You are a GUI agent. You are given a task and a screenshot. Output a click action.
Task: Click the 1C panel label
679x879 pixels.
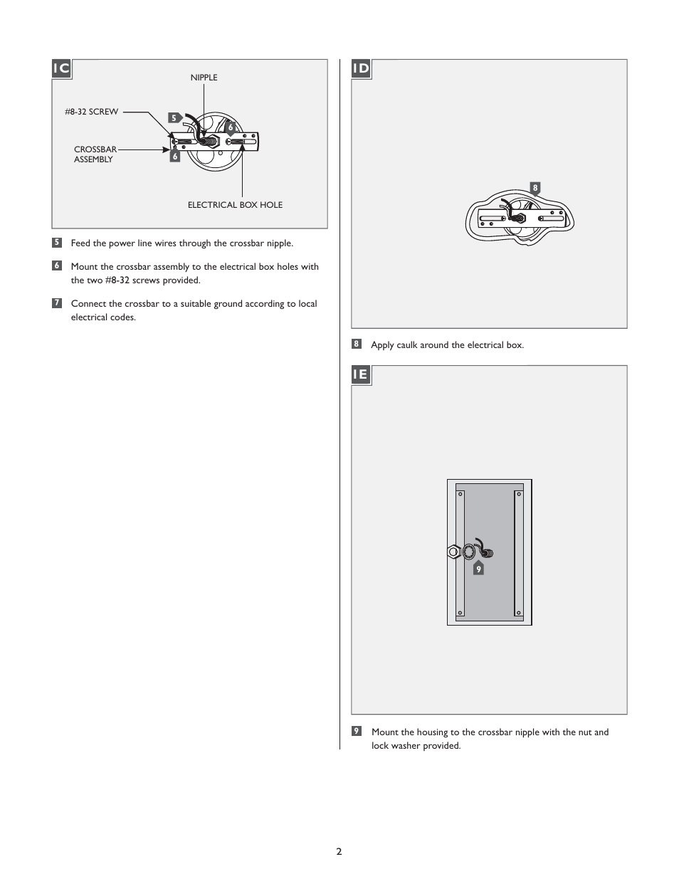(x=62, y=68)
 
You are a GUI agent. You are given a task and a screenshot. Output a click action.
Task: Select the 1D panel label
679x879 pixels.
(x=362, y=68)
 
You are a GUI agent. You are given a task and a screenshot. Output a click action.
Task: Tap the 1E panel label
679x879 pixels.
(x=361, y=374)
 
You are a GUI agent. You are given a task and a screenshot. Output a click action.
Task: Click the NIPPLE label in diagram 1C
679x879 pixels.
(x=204, y=78)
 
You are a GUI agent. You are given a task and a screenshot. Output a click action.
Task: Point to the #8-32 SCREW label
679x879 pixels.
(x=92, y=112)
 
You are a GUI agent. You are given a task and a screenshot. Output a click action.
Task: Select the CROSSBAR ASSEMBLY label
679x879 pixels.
(x=95, y=154)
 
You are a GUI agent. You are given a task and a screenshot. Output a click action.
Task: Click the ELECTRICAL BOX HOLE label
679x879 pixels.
(x=235, y=205)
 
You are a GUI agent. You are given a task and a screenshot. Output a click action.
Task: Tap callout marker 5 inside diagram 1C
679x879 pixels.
(x=173, y=117)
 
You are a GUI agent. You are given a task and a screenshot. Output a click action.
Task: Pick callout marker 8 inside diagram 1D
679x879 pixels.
(x=535, y=188)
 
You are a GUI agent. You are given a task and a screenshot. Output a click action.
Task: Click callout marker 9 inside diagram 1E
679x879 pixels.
(x=478, y=569)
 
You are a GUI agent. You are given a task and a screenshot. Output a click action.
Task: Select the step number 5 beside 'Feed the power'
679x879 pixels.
(x=57, y=243)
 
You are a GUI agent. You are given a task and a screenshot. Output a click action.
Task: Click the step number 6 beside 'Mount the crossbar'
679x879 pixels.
(x=57, y=266)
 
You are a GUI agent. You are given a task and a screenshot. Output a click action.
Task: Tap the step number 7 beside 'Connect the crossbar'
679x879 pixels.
(x=57, y=303)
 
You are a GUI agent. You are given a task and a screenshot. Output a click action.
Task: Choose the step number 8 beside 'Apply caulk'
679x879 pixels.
(x=357, y=344)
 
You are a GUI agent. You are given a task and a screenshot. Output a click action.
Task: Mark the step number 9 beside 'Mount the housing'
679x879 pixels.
(x=357, y=732)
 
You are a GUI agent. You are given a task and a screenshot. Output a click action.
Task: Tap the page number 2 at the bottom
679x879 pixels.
(x=339, y=851)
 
